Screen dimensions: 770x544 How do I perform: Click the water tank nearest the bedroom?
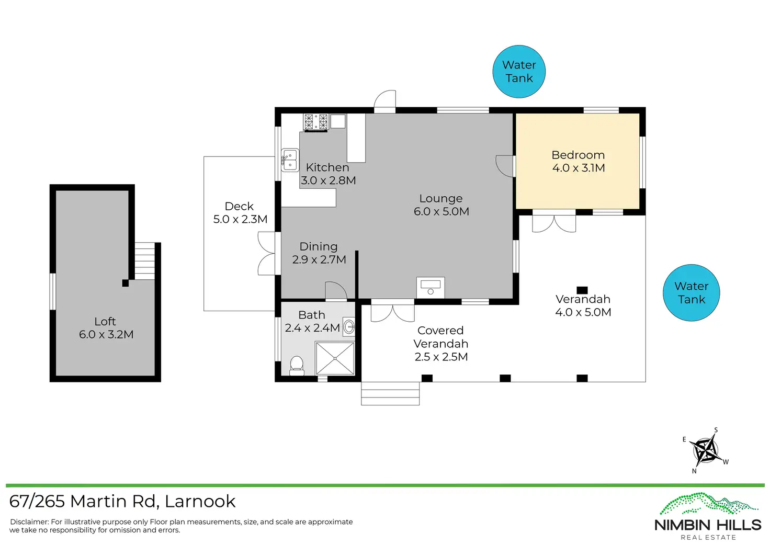(519, 72)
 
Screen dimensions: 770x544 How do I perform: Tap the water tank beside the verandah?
(691, 293)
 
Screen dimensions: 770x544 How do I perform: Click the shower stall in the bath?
(335, 358)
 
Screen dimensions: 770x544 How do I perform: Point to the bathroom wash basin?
(348, 326)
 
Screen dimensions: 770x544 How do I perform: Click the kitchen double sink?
(290, 160)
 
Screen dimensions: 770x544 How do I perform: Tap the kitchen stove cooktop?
(315, 122)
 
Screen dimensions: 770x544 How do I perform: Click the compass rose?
(705, 450)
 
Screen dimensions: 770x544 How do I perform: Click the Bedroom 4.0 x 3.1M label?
(578, 162)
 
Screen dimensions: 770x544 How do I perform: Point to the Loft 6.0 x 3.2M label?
(106, 328)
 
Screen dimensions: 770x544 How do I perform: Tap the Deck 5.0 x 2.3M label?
(240, 213)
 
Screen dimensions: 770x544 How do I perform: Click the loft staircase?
(144, 261)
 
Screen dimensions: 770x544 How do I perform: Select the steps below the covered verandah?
(390, 393)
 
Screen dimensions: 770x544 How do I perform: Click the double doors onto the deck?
(266, 254)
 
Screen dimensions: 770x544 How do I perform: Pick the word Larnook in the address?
(200, 501)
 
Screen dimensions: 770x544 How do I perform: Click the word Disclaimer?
(29, 522)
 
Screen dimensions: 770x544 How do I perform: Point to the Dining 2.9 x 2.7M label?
(319, 253)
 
